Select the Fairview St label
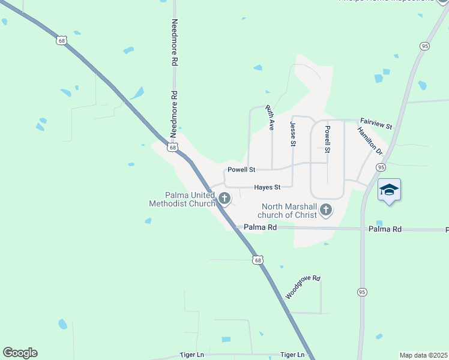tap(376, 123)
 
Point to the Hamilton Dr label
tap(370, 140)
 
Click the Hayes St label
tap(267, 187)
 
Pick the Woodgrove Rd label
tap(303, 287)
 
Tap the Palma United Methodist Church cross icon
tap(224, 197)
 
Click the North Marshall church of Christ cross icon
tap(326, 209)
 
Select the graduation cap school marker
tap(389, 190)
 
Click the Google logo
tap(20, 353)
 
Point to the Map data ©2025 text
tap(424, 355)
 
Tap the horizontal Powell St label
tap(241, 170)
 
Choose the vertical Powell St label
tap(328, 137)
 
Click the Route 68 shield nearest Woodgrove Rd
tap(258, 260)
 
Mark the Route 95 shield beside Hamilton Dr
tap(381, 167)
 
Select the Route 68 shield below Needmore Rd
tap(173, 148)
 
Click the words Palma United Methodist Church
tap(182, 199)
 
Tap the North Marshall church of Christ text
tap(288, 211)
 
